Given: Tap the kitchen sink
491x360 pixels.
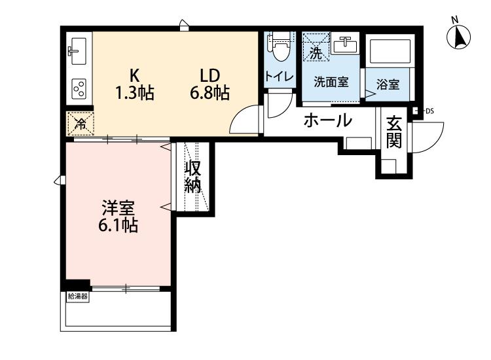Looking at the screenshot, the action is pyautogui.click(x=77, y=51).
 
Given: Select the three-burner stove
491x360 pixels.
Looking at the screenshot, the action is pyautogui.click(x=79, y=88).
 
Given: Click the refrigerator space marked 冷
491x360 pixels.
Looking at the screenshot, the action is pyautogui.click(x=81, y=124).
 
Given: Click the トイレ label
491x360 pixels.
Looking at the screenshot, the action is pyautogui.click(x=280, y=76).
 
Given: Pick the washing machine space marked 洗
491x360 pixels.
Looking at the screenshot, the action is pyautogui.click(x=316, y=47).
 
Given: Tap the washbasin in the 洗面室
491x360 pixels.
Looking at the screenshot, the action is pyautogui.click(x=346, y=45).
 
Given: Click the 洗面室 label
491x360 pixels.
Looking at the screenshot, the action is pyautogui.click(x=331, y=82).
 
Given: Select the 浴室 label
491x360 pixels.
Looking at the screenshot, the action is pyautogui.click(x=388, y=84).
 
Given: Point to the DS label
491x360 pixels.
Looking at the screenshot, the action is pyautogui.click(x=429, y=111).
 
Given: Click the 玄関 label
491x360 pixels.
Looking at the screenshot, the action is pyautogui.click(x=393, y=132).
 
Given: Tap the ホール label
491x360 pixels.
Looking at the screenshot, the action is pyautogui.click(x=327, y=120).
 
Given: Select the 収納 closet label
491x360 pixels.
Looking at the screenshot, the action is pyautogui.click(x=192, y=177).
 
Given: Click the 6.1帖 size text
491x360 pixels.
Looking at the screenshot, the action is pyautogui.click(x=118, y=225).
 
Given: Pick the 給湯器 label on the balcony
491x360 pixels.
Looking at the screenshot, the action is pyautogui.click(x=78, y=297).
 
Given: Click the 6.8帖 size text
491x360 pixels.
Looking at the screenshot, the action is pyautogui.click(x=210, y=93).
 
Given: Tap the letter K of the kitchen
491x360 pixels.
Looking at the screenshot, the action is pyautogui.click(x=135, y=75).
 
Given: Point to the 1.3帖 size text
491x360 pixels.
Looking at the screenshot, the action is pyautogui.click(x=135, y=93).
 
